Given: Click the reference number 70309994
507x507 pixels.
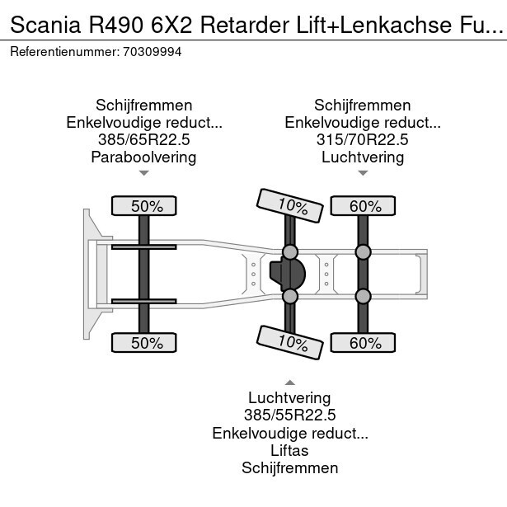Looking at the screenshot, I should [x=153, y=51].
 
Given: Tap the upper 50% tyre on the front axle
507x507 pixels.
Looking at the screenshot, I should [x=143, y=206].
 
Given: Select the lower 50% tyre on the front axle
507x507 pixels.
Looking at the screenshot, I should [x=143, y=342].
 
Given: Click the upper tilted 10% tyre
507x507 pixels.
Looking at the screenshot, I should [x=290, y=205].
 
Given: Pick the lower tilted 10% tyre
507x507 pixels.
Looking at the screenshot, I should [x=290, y=341].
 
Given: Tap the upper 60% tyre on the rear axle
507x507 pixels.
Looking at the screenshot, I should [x=362, y=206].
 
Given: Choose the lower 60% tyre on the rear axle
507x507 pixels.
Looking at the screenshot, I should [x=362, y=342].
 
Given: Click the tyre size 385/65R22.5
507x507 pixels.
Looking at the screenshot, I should [x=143, y=140].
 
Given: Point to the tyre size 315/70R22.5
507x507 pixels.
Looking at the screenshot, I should [x=362, y=140].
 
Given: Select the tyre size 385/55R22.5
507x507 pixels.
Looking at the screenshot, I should [x=289, y=415].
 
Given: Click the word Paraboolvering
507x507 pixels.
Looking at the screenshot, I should [x=143, y=157].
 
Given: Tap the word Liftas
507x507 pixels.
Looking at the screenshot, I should [x=289, y=450].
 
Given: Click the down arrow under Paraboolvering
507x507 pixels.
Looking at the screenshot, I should [x=143, y=173].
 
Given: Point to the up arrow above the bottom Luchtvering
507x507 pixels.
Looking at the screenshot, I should [x=289, y=383].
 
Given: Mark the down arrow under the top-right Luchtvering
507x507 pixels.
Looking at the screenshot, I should [x=362, y=173].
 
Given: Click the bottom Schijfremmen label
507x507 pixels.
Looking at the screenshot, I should [x=289, y=467].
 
